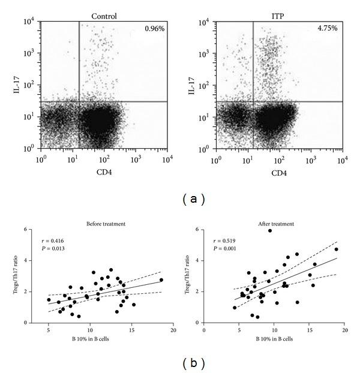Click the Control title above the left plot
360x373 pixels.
click(103, 16)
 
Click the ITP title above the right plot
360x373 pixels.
click(279, 16)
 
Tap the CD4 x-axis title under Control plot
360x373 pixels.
click(104, 173)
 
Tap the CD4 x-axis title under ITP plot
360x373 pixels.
click(280, 173)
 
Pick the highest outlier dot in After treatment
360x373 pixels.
click(270, 230)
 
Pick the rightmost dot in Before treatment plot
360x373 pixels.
click(161, 280)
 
